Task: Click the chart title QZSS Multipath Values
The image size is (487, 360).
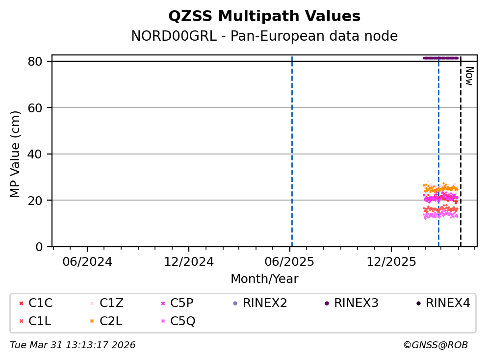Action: [264, 17]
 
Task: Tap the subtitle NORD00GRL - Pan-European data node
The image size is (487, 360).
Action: [264, 36]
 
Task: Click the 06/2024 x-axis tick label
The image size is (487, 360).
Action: [87, 261]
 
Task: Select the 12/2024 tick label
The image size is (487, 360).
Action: [189, 261]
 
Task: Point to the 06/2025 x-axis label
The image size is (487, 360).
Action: [290, 261]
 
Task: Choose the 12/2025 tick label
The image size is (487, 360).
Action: [391, 261]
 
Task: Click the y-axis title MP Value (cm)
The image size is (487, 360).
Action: [16, 154]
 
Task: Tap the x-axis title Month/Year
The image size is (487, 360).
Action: [264, 279]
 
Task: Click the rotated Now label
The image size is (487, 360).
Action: [469, 76]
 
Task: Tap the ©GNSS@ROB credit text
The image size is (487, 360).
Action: [436, 345]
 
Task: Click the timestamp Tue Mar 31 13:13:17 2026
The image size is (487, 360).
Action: [73, 345]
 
